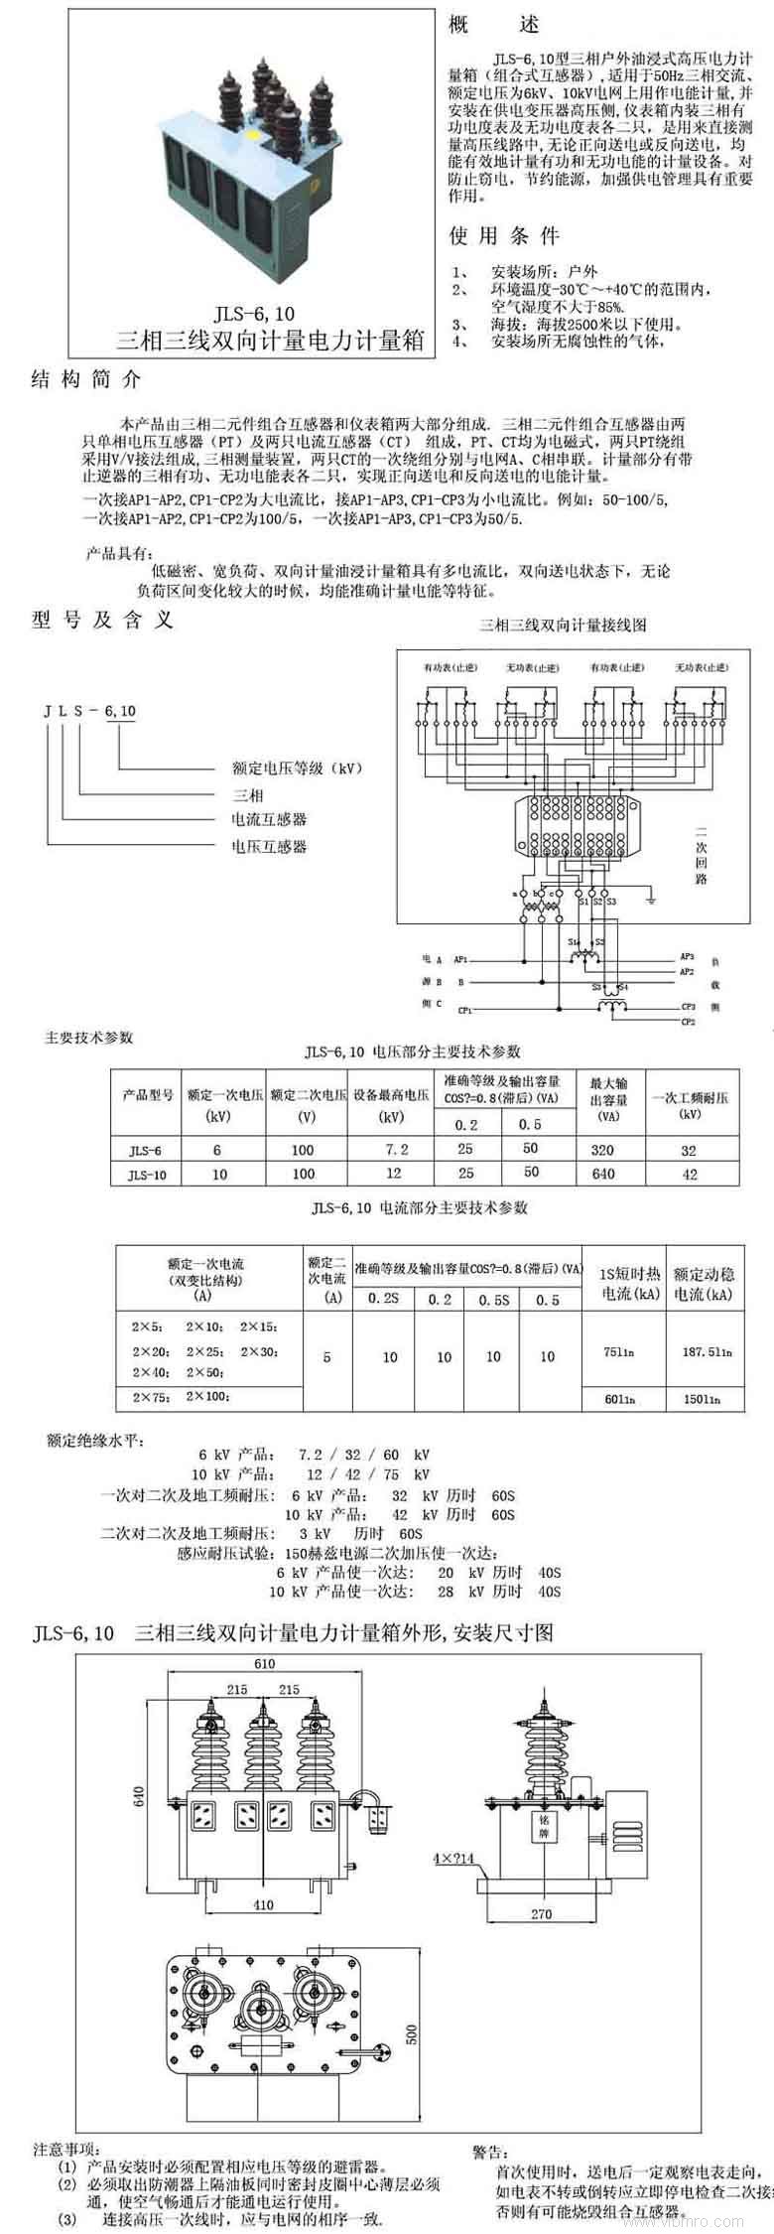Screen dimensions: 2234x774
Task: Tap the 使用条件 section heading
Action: tap(504, 236)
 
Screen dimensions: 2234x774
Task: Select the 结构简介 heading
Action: tap(87, 380)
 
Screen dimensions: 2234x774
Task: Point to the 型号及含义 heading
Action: tap(102, 621)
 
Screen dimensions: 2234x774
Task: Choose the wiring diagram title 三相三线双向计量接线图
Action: tap(563, 626)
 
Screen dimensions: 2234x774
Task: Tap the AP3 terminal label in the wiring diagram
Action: tap(687, 956)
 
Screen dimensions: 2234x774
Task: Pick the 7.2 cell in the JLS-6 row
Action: tap(396, 1150)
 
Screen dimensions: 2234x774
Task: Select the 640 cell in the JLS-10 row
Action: tap(602, 1174)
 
